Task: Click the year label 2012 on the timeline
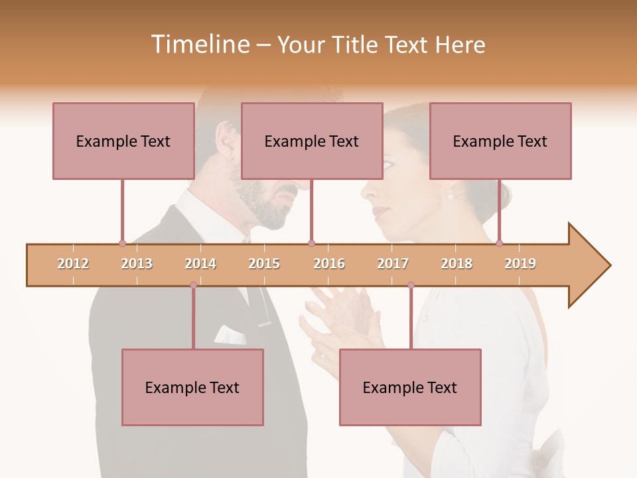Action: pos(73,264)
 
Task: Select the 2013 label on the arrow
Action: pos(137,264)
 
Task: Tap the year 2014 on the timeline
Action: pos(200,264)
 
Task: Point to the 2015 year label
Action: pos(264,264)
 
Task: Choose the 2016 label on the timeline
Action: pos(329,264)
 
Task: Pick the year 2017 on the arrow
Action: pos(393,264)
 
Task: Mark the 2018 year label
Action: pos(457,264)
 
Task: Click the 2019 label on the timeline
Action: pos(520,264)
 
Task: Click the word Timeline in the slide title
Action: pos(199,44)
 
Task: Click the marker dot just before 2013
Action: pos(122,243)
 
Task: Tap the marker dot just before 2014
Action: pos(193,285)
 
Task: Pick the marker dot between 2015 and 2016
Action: pos(311,243)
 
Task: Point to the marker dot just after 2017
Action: pos(411,285)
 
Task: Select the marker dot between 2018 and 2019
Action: pos(500,243)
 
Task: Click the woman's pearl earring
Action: pos(451,195)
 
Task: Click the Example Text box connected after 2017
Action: pos(410,387)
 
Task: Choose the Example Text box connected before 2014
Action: pos(192,387)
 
